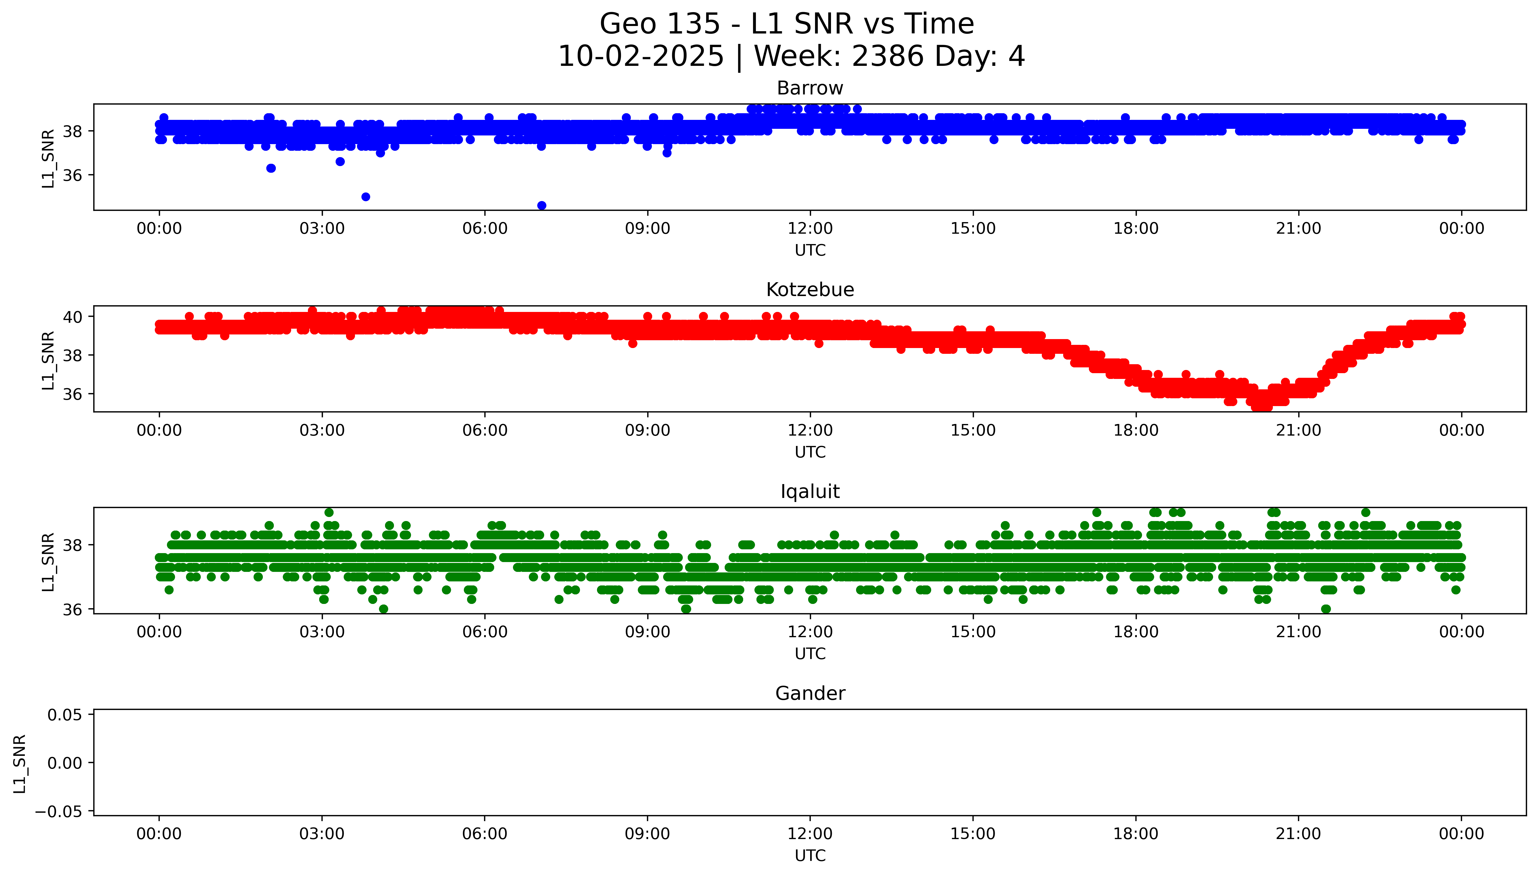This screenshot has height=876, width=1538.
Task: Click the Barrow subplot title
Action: click(x=810, y=88)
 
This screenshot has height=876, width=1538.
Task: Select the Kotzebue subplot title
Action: click(x=810, y=290)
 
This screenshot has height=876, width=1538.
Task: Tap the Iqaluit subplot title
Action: click(x=810, y=492)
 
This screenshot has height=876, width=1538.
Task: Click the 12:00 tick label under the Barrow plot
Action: click(x=810, y=229)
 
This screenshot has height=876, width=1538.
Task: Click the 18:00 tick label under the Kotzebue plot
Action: click(x=1136, y=430)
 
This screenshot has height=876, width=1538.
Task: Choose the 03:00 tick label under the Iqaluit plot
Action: click(x=322, y=632)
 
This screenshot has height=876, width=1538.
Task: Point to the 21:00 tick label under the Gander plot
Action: click(x=1298, y=834)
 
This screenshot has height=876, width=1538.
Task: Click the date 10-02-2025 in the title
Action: click(x=641, y=57)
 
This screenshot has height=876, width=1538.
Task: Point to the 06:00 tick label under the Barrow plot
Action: click(x=485, y=229)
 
